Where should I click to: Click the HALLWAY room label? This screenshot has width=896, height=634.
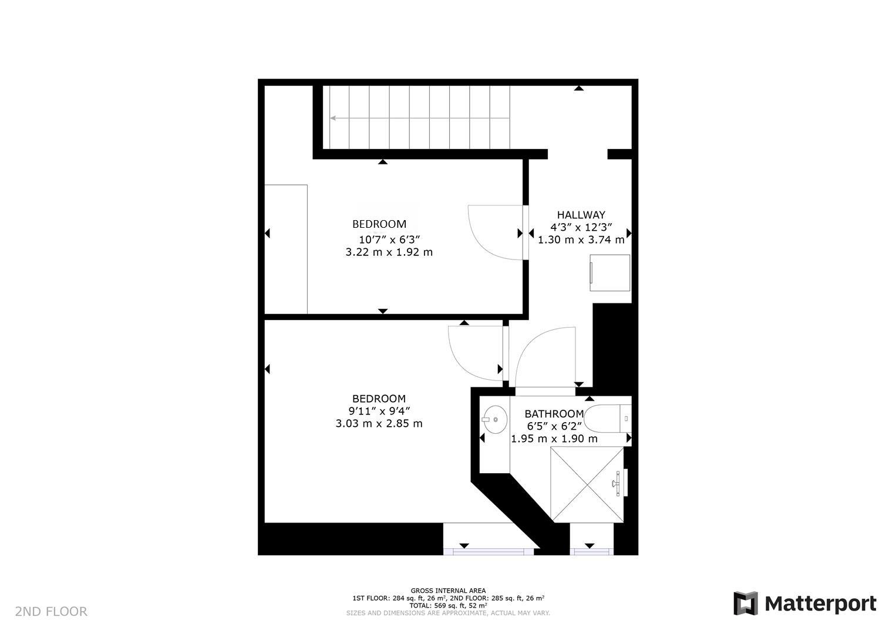[581, 215]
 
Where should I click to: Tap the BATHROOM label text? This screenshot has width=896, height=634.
[554, 414]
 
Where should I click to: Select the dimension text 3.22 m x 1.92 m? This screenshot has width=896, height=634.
[389, 252]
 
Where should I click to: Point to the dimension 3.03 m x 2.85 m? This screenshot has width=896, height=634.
[379, 423]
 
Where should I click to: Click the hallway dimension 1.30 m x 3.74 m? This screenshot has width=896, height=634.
[581, 240]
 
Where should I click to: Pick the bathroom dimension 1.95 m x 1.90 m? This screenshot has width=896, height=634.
[554, 439]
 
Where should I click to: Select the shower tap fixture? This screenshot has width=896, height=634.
[617, 483]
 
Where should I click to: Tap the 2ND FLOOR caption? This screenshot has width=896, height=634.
[51, 612]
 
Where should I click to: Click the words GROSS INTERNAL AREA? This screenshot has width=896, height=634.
[448, 591]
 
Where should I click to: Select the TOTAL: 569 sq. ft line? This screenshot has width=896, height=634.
[448, 605]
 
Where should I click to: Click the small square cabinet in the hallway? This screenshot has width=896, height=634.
[610, 272]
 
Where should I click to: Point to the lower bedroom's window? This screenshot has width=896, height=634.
[489, 551]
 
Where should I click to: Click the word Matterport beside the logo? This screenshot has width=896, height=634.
[821, 603]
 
